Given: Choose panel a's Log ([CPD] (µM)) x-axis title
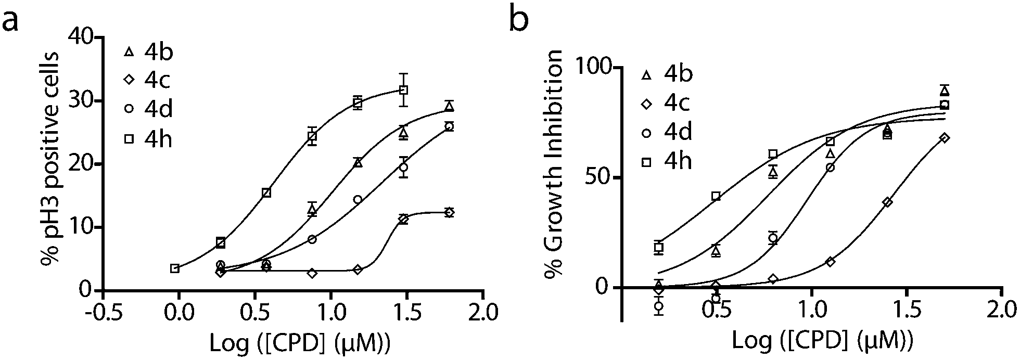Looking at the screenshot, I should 300,343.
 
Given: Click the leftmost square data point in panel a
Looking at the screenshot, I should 175,268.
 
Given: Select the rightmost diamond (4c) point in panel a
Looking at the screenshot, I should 449,212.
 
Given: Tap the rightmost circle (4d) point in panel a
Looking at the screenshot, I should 449,126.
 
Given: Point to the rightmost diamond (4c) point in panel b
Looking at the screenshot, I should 945,138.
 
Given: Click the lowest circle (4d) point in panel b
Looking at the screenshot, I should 659,306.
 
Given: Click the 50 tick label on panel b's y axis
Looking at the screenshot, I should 600,177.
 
